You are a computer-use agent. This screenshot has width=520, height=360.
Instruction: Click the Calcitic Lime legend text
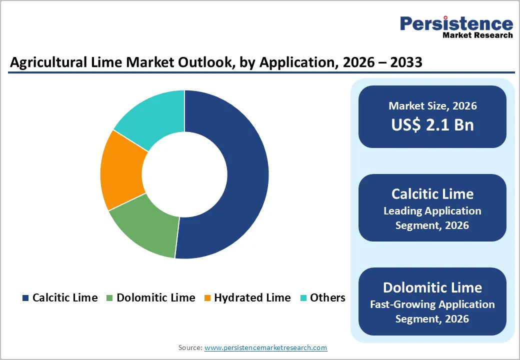click(x=65, y=298)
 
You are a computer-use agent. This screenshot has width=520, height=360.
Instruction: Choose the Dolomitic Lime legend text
click(x=155, y=298)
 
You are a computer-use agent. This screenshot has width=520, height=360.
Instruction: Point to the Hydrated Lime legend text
click(x=252, y=298)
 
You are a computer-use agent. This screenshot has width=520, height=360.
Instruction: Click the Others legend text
click(x=327, y=298)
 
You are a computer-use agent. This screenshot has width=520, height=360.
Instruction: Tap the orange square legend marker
click(x=207, y=298)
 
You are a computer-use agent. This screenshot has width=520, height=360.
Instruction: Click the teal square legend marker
click(x=303, y=298)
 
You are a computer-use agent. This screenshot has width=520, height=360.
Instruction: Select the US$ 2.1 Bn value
click(x=432, y=125)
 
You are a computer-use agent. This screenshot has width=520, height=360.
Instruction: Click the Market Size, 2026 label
click(x=432, y=106)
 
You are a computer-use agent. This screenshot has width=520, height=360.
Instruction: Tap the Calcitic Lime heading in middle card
click(x=432, y=194)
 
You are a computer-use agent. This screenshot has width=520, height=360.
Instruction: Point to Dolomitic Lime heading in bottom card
click(x=432, y=287)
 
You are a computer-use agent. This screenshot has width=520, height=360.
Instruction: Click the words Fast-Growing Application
click(x=432, y=304)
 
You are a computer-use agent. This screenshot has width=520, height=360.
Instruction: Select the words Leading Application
click(x=432, y=210)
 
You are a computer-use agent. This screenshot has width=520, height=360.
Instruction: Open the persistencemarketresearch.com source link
click(x=266, y=347)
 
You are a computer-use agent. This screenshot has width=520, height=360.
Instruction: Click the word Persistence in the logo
click(x=456, y=23)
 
